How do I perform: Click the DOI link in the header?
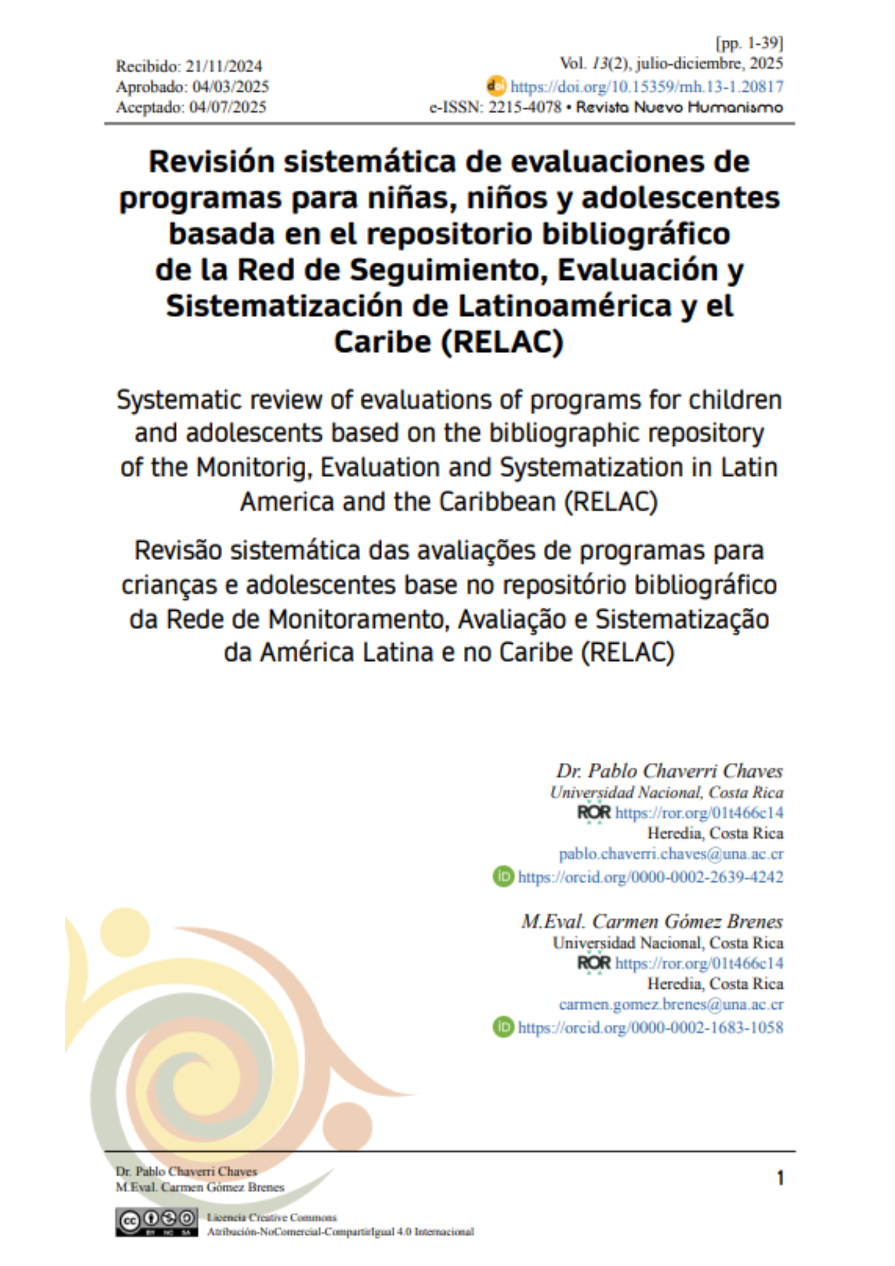pyautogui.click(x=646, y=87)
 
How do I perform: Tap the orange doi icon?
pyautogui.click(x=496, y=85)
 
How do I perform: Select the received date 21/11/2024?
pyautogui.click(x=224, y=66)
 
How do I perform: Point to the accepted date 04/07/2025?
pyautogui.click(x=228, y=107)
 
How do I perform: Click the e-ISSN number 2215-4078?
pyautogui.click(x=525, y=107)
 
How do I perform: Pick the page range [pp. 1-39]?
pyautogui.click(x=749, y=43)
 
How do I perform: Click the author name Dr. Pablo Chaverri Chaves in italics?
pyautogui.click(x=669, y=771)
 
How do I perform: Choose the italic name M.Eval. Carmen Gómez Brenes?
pyautogui.click(x=651, y=922)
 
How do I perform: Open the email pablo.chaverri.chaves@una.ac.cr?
pyautogui.click(x=670, y=854)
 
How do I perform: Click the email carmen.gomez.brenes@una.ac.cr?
pyautogui.click(x=670, y=1005)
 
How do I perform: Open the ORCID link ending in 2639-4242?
pyautogui.click(x=650, y=877)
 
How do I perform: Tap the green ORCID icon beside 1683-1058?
pyautogui.click(x=504, y=1027)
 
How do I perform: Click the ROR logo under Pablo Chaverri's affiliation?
pyautogui.click(x=594, y=813)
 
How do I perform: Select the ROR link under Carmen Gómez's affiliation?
pyautogui.click(x=699, y=963)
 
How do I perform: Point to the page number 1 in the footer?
pyautogui.click(x=780, y=1178)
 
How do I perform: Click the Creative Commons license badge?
pyautogui.click(x=156, y=1222)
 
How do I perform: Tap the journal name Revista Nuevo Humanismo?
pyautogui.click(x=679, y=107)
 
